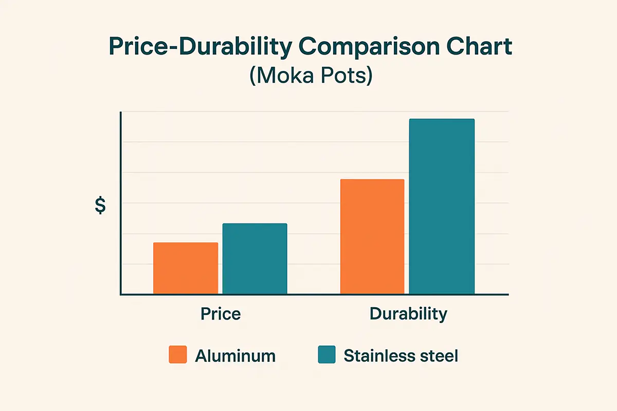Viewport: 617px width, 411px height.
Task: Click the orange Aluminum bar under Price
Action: click(x=186, y=268)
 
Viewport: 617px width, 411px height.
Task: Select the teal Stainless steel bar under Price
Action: click(x=255, y=258)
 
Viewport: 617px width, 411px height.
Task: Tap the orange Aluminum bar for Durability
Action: click(x=372, y=236)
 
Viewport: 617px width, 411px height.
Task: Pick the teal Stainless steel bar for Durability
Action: click(x=442, y=206)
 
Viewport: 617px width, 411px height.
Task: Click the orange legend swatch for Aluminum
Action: click(x=178, y=354)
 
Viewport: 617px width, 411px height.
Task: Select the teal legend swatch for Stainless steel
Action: click(x=326, y=354)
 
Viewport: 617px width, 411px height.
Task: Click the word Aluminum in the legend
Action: click(x=235, y=356)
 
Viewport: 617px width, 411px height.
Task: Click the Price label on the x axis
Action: click(x=221, y=314)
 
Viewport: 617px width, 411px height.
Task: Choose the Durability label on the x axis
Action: click(x=408, y=314)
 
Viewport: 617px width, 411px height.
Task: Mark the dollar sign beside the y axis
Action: click(x=100, y=205)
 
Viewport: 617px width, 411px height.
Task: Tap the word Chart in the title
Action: click(x=479, y=46)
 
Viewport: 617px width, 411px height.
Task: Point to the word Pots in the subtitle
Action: click(x=347, y=76)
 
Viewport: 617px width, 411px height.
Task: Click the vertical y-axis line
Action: click(x=121, y=203)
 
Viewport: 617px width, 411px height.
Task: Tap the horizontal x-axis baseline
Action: click(x=314, y=294)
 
